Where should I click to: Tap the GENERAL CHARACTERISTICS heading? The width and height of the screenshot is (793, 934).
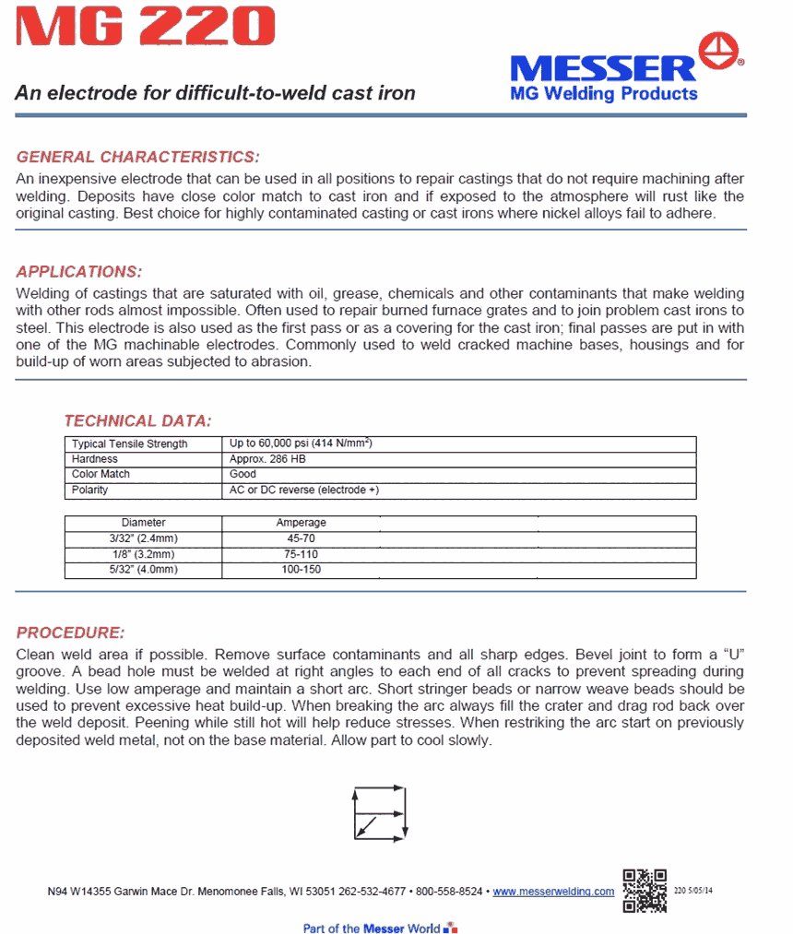coord(138,157)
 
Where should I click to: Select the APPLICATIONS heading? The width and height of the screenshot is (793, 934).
coord(79,272)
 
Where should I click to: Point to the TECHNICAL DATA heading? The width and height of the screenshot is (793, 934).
coord(138,421)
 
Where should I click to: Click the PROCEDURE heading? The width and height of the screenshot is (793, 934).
coord(70,633)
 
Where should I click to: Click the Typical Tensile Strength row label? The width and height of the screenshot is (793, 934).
coord(129,444)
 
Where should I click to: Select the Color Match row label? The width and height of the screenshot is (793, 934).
coord(101,474)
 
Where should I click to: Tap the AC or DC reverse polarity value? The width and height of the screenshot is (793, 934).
coord(303,491)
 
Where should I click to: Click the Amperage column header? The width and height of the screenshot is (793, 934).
coord(301,523)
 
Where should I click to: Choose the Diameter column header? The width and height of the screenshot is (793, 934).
coord(143,523)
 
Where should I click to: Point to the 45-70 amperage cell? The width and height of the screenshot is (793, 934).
coord(301,538)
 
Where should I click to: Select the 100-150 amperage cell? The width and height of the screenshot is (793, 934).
coord(301,570)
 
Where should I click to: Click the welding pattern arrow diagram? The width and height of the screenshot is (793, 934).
coord(379,812)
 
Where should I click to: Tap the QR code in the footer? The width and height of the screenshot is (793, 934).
coord(645,890)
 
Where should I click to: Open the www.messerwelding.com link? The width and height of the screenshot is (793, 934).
coord(553,892)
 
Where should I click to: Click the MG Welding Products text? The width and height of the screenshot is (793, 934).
coord(604,94)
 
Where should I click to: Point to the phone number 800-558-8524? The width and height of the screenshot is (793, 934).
coord(449,892)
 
